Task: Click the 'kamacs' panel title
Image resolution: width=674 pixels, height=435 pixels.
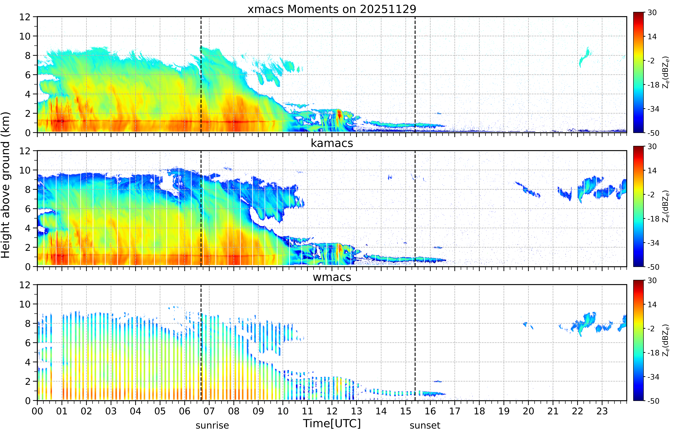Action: [332, 143]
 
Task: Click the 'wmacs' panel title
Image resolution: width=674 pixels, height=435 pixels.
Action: [332, 277]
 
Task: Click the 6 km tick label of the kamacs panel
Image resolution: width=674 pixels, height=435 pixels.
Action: [28, 209]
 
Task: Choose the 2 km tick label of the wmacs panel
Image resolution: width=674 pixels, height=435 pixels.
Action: [28, 381]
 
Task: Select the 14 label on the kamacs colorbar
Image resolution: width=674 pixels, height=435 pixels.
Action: [652, 171]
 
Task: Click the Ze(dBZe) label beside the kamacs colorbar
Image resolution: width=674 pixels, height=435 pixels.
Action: [666, 207]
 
